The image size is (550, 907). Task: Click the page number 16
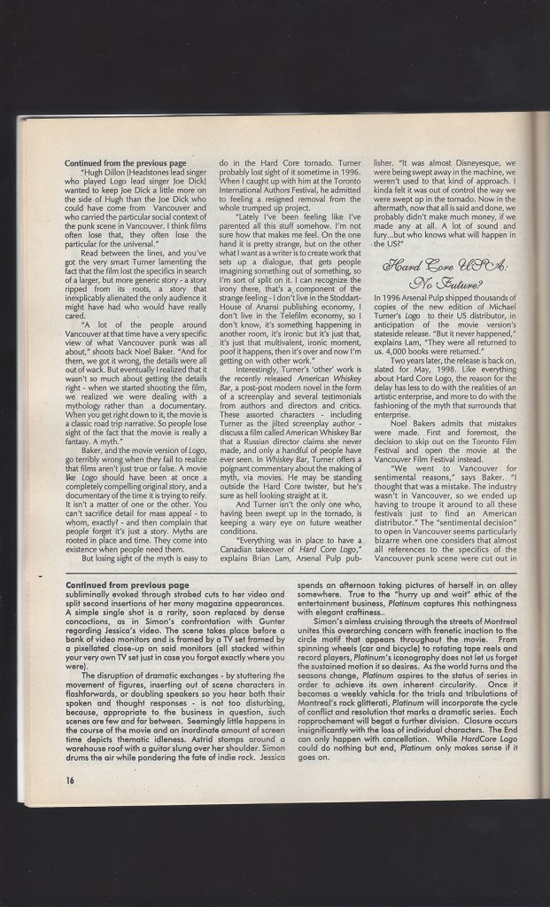coord(69,779)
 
